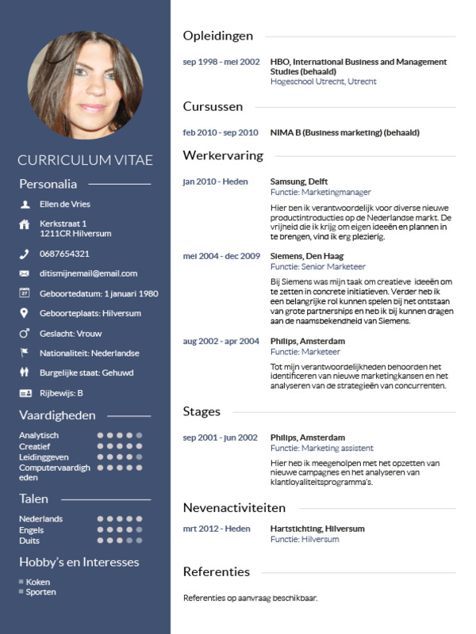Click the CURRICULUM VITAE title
coord(85,160)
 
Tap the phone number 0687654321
coord(64,254)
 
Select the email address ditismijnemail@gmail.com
coord(88,273)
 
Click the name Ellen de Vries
coord(65,204)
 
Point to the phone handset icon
coord(24,254)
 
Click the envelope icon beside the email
coord(24,273)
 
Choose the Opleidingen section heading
coord(218,36)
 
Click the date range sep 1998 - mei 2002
coord(221,62)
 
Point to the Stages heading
coord(202,412)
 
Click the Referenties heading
coord(216,571)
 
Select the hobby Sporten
coord(40,592)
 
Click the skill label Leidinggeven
coord(44,457)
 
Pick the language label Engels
coord(32,529)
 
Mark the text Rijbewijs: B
coord(62,393)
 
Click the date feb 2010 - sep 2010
coord(221,132)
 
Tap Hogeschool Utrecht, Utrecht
coord(323,82)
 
